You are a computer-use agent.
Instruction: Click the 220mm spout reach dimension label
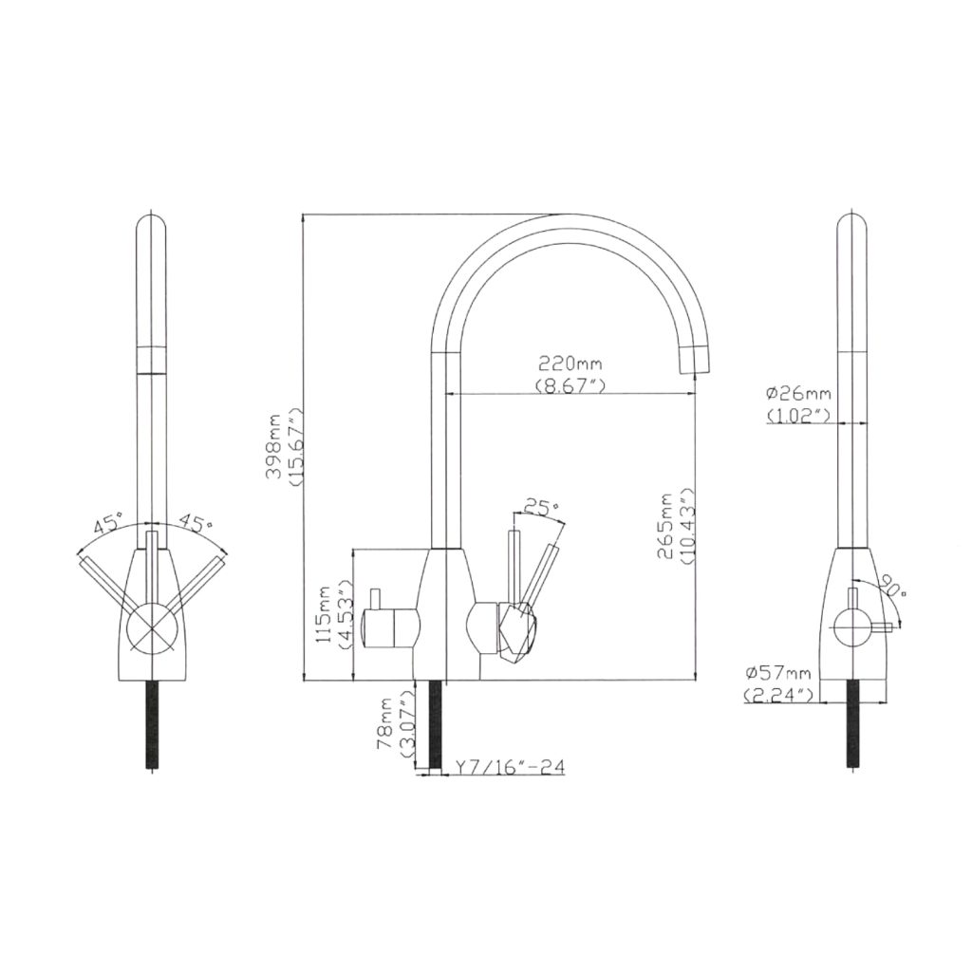tap(570, 362)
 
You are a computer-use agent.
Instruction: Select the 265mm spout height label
tap(665, 526)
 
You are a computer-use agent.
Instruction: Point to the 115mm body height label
tap(325, 615)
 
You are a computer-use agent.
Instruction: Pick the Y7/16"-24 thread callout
tap(510, 767)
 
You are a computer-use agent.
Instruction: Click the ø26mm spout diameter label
tap(798, 393)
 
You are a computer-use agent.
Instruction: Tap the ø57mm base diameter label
tap(778, 672)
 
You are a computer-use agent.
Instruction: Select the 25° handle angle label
tap(542, 508)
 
